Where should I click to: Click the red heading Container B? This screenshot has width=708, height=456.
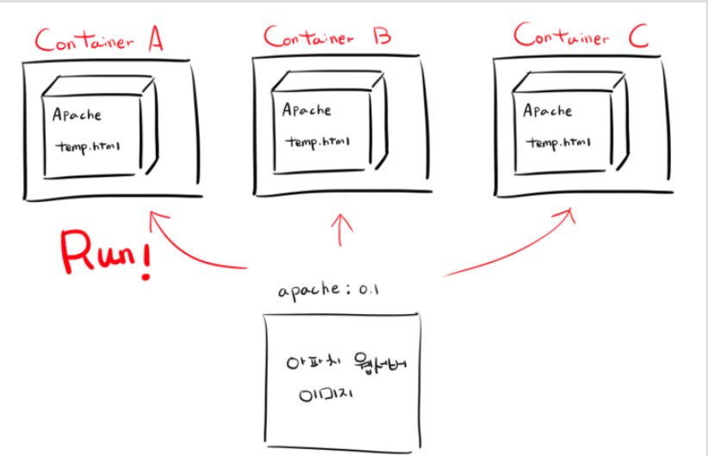pos(326,37)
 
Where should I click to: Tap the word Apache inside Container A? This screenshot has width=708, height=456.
pos(76,114)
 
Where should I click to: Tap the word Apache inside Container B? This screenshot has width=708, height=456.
pos(307,110)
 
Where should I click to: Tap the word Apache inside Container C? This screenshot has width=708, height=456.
pos(547,111)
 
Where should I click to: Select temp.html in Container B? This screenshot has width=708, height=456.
pos(317,140)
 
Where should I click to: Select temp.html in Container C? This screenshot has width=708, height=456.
pos(558,140)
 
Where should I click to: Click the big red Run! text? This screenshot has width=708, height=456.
pos(100,253)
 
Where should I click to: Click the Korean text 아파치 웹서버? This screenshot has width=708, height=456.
pos(345,365)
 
